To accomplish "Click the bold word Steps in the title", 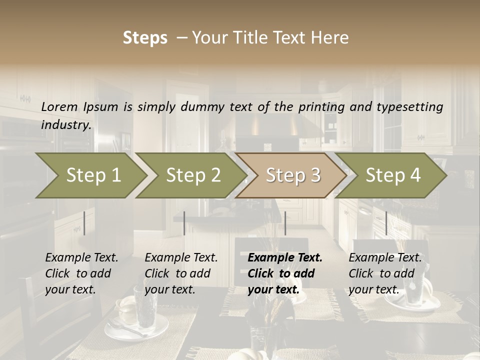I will (145, 38).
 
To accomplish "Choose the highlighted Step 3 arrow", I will (293, 175).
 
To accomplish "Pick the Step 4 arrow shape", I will (393, 175).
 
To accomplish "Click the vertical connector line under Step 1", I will (84, 223).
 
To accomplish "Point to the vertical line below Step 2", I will (184, 223).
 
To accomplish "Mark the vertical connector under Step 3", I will (285, 223).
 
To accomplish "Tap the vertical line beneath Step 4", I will (386, 223).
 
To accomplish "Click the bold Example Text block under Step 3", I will (284, 273).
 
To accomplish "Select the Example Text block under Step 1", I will (81, 273).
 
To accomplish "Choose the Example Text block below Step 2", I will (181, 273).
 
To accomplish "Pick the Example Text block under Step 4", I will (385, 273).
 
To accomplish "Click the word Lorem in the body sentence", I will (59, 107).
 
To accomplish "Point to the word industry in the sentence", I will (65, 125).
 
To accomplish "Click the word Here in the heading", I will (332, 38).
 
